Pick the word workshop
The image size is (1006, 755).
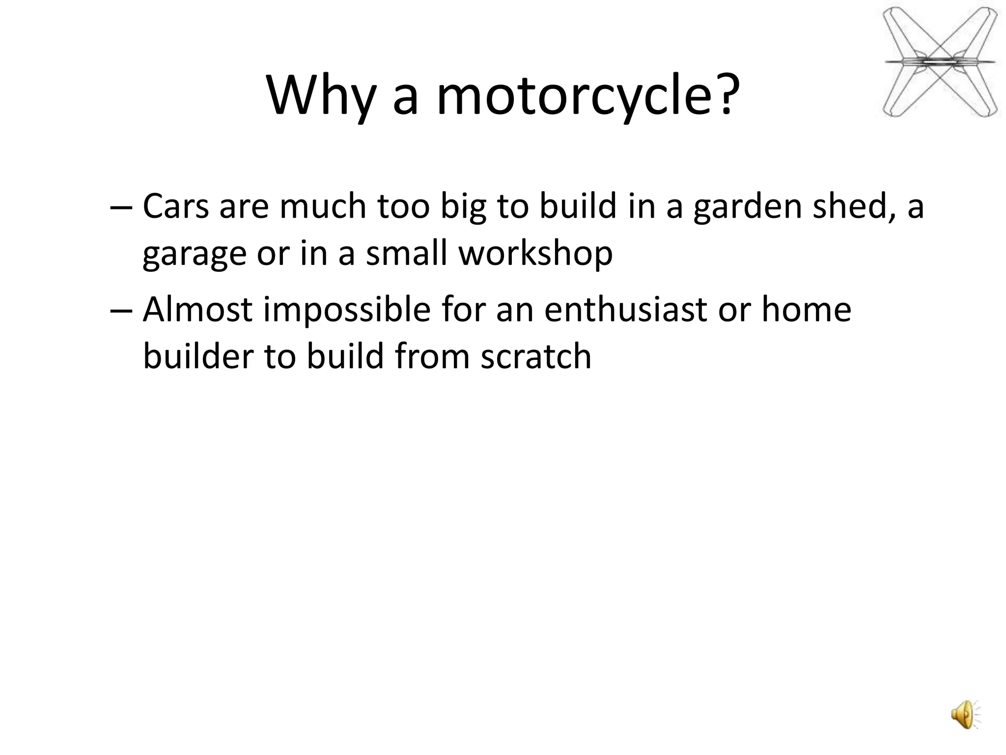point(535,254)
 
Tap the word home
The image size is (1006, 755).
point(806,310)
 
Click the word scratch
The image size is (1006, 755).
point(535,356)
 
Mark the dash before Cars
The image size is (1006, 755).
point(121,207)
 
